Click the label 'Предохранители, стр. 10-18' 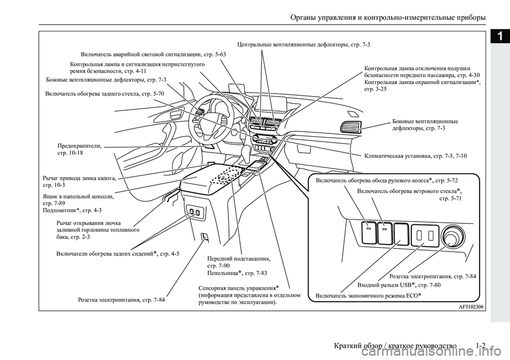[79, 148]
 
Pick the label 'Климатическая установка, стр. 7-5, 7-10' [416, 156]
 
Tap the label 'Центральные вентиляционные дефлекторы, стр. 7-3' [303, 44]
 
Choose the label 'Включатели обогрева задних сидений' [117, 254]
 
